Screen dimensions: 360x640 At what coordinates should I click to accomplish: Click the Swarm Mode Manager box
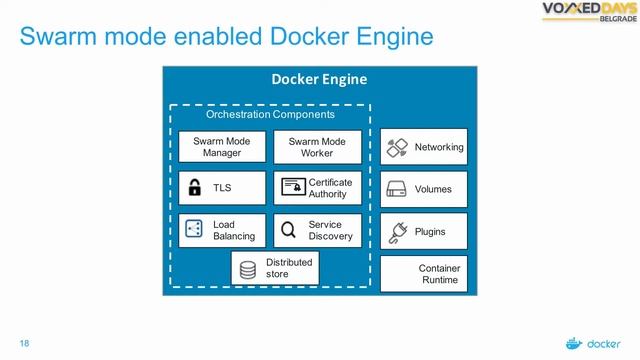(x=222, y=147)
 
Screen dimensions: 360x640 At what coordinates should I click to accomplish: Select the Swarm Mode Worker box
(x=317, y=147)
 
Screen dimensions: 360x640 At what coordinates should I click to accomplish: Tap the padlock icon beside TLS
(x=195, y=188)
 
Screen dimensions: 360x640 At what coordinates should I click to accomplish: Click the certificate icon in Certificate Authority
(x=292, y=188)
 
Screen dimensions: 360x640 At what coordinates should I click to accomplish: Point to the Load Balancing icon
(x=195, y=230)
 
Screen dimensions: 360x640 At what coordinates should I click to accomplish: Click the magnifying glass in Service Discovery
(x=288, y=231)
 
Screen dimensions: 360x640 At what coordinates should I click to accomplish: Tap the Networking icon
(x=396, y=147)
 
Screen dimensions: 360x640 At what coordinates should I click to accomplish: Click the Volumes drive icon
(x=396, y=189)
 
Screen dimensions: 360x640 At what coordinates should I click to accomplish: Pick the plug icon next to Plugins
(x=396, y=231)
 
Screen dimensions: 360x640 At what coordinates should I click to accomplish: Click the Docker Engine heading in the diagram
(x=319, y=79)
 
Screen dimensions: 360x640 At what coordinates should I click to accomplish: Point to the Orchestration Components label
(x=256, y=115)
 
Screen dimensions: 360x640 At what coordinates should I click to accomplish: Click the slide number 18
(x=25, y=343)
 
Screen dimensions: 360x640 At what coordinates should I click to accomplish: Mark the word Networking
(x=439, y=147)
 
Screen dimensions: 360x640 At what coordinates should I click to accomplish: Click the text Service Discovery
(x=330, y=231)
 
